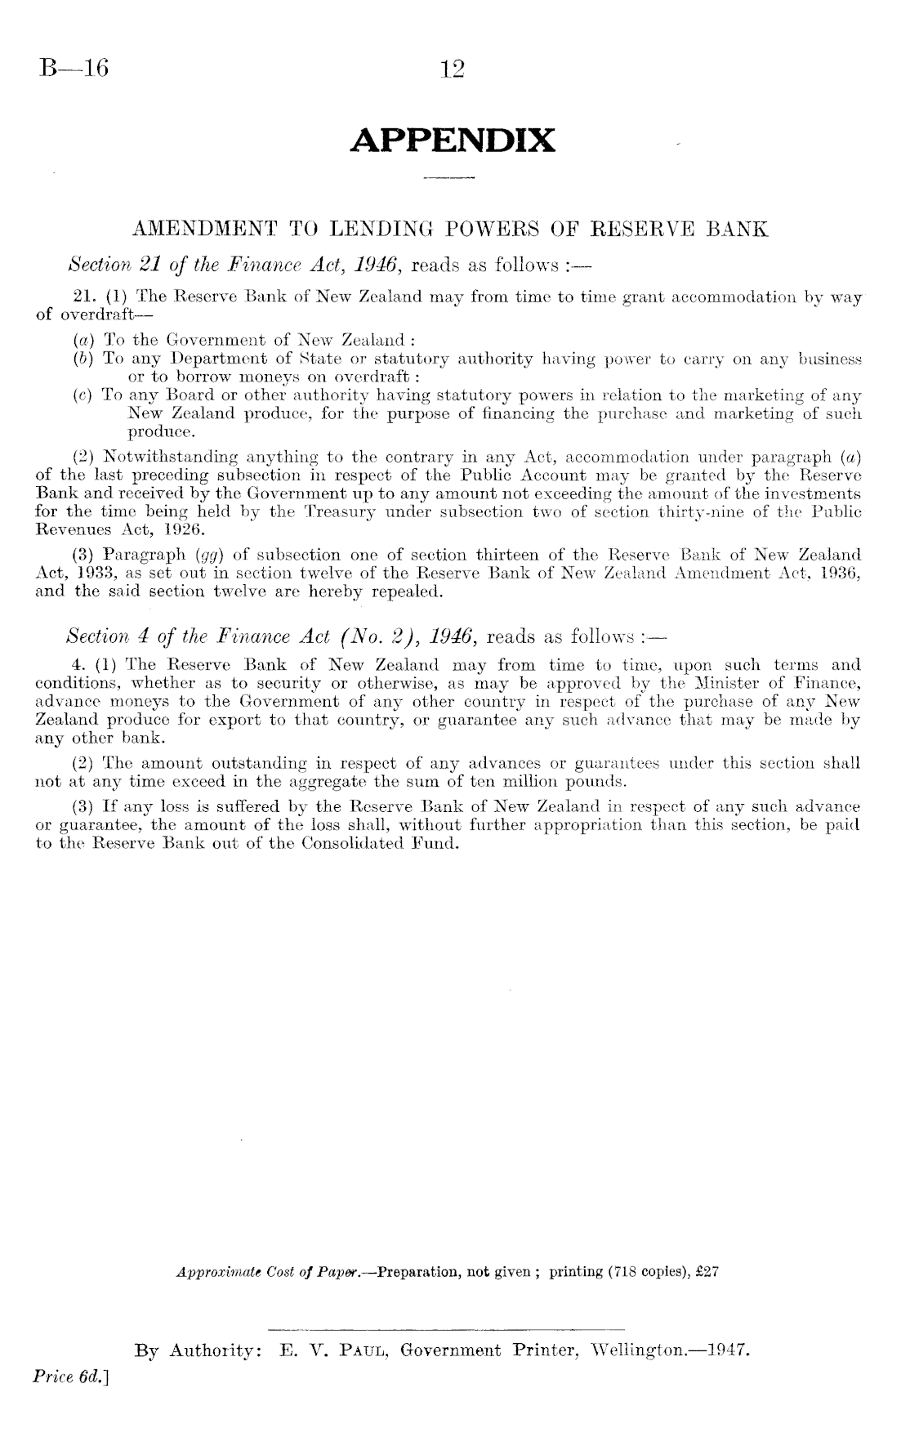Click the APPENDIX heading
click(x=453, y=141)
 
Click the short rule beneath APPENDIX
click(x=452, y=177)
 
